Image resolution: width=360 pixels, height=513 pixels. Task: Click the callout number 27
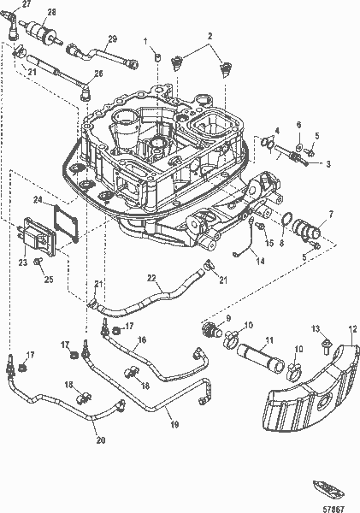tap(26, 4)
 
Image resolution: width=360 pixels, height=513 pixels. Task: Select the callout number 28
tap(52, 12)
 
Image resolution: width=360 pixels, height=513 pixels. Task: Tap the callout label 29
tap(112, 39)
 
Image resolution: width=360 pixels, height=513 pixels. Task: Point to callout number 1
tap(145, 42)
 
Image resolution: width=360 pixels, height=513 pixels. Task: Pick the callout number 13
tap(315, 329)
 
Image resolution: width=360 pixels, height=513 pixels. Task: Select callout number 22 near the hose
tap(151, 277)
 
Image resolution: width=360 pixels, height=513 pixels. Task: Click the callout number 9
tap(228, 318)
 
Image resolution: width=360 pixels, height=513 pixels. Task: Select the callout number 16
tap(142, 339)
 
